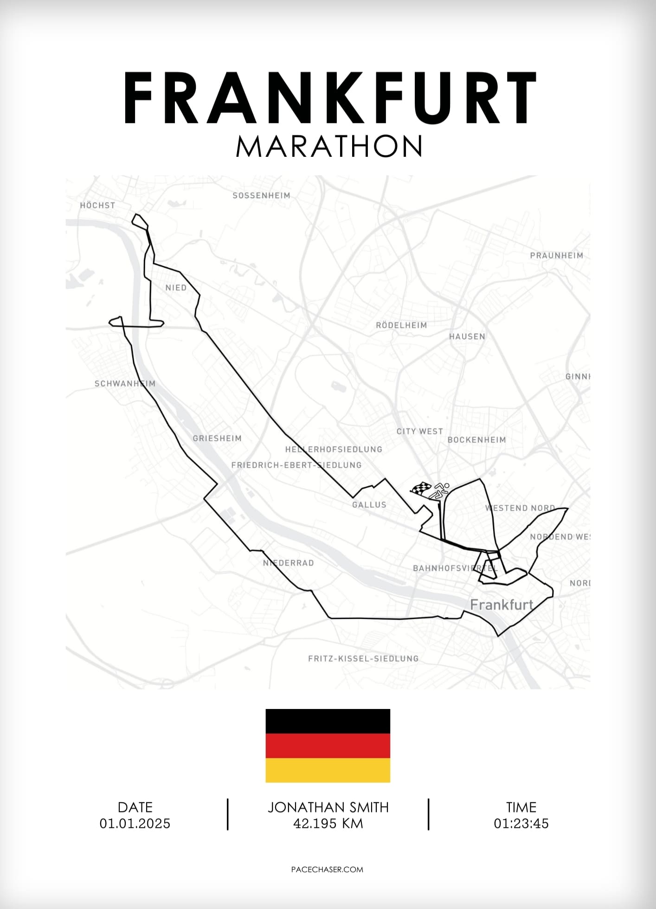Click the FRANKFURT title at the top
[329, 98]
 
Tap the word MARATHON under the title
[329, 147]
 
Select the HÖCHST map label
[97, 205]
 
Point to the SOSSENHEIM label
[261, 195]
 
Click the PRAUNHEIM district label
[556, 255]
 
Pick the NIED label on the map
[176, 288]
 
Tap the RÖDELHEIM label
[401, 325]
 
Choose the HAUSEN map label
[467, 336]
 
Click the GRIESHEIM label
[217, 438]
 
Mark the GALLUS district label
[369, 504]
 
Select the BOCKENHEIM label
[476, 439]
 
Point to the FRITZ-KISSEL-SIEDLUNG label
[363, 658]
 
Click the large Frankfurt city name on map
[502, 605]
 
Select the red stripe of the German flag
[328, 746]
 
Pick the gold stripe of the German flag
[328, 770]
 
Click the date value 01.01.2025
[135, 824]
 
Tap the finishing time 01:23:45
[521, 824]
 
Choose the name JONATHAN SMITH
[328, 807]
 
